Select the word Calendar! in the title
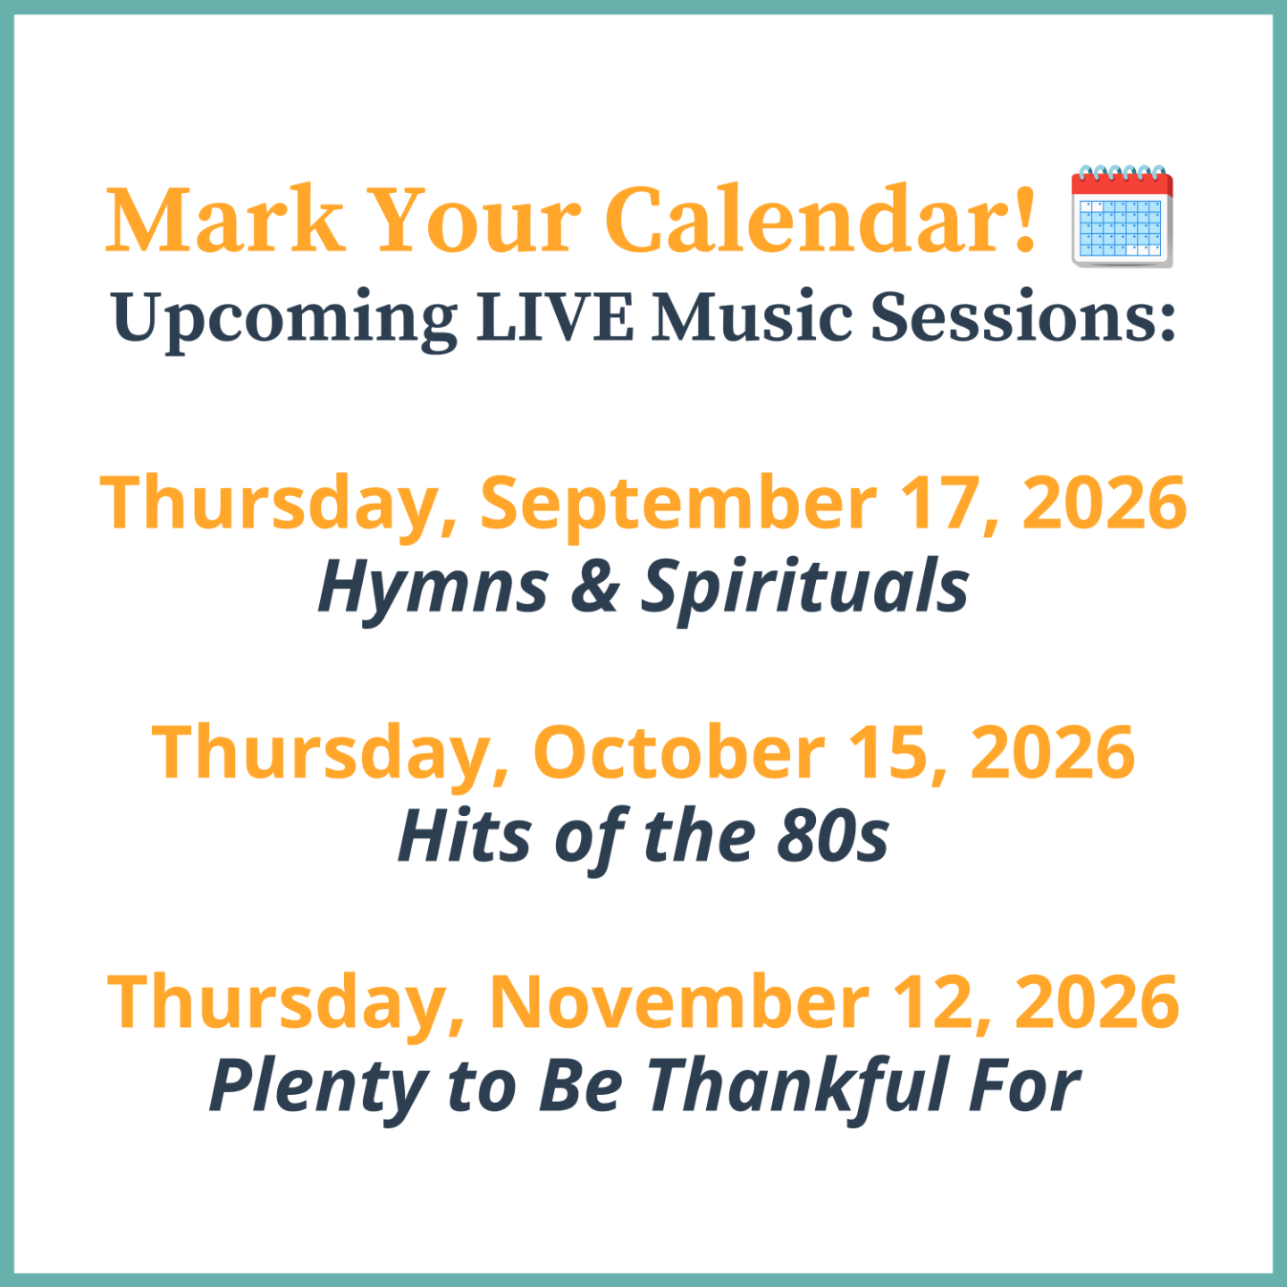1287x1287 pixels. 820,220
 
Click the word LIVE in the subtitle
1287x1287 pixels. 554,316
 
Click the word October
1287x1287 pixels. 679,752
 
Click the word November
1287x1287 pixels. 678,1003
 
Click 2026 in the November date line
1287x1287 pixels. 1098,1003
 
